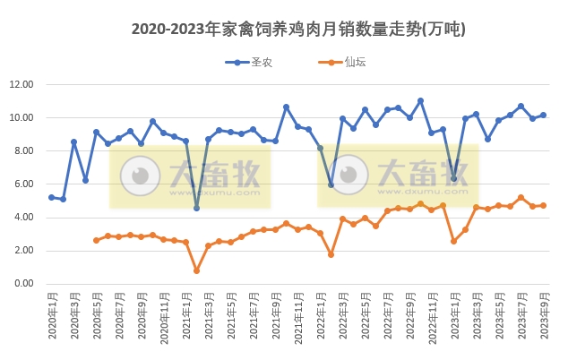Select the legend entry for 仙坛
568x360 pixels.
click(x=344, y=62)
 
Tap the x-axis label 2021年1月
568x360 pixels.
click(x=186, y=317)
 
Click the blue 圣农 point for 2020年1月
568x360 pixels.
click(x=52, y=197)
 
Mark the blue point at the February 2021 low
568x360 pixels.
click(x=197, y=208)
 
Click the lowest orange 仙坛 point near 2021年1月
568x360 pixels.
click(x=197, y=270)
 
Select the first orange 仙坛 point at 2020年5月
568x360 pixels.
click(x=97, y=240)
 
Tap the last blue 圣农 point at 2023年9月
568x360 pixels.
click(x=544, y=115)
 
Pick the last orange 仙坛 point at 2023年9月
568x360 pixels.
click(x=544, y=205)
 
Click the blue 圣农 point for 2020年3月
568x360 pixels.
click(x=74, y=141)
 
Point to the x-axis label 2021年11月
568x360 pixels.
click(x=297, y=317)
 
